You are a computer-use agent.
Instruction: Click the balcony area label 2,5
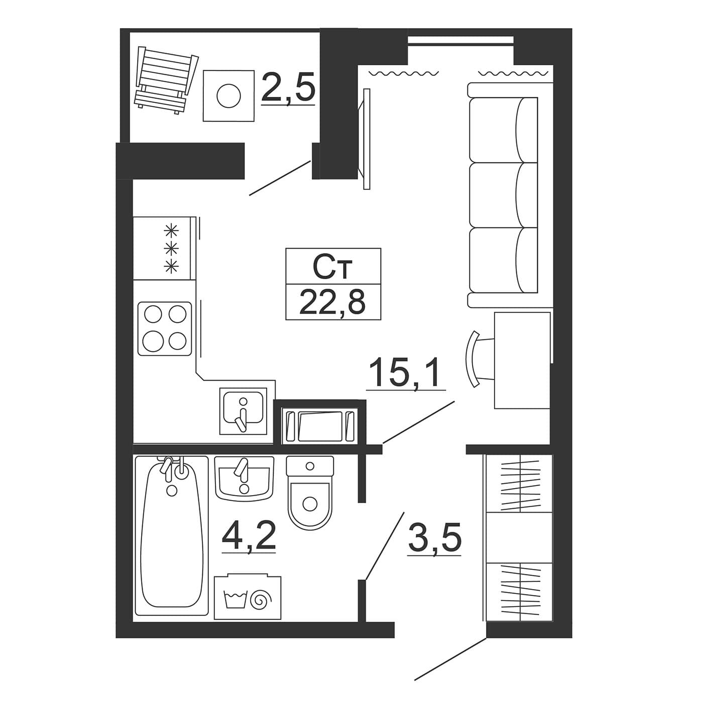tap(288, 87)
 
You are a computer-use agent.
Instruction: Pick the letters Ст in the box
tap(332, 268)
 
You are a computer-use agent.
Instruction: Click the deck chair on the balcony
tap(166, 80)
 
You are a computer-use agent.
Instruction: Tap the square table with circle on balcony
tap(228, 95)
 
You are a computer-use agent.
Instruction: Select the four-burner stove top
tap(165, 328)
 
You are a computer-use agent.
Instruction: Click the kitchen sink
tap(244, 411)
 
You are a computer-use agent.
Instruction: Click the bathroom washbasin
tap(244, 478)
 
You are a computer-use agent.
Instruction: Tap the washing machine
tap(248, 598)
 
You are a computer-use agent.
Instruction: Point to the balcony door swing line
tap(280, 178)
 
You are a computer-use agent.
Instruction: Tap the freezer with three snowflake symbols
tap(165, 248)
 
